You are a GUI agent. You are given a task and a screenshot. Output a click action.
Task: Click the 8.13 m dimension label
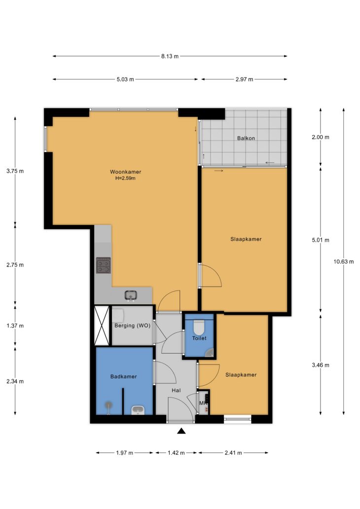click(x=170, y=56)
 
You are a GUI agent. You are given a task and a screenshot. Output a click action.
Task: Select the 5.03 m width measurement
click(x=125, y=79)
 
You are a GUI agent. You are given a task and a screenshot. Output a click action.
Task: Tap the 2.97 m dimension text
click(x=245, y=79)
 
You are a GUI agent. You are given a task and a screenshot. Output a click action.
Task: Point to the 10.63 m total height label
click(x=343, y=261)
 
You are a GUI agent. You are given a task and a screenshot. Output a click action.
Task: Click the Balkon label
click(x=246, y=138)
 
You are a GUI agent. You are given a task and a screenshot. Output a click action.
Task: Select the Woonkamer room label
click(x=126, y=172)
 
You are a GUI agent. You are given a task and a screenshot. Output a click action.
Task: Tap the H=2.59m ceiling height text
click(x=125, y=178)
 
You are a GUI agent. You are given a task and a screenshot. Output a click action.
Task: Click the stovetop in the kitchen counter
click(x=103, y=265)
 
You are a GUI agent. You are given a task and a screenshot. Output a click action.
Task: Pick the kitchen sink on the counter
click(x=131, y=295)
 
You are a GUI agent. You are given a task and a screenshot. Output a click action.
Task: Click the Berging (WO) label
click(x=133, y=326)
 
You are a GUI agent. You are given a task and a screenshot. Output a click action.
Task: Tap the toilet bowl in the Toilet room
click(x=199, y=327)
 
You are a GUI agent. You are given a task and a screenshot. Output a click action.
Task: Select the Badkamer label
click(x=123, y=376)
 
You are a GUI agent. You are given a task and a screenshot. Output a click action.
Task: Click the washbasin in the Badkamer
click(x=138, y=410)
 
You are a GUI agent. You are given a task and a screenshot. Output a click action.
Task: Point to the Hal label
click(x=176, y=391)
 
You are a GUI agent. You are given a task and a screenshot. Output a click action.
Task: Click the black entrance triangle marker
click(x=181, y=431)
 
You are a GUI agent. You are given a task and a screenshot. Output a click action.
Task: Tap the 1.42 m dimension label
click(x=176, y=453)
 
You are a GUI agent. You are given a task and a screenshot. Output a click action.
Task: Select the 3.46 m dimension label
click(x=321, y=365)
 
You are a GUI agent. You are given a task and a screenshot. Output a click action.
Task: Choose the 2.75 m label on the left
click(x=15, y=265)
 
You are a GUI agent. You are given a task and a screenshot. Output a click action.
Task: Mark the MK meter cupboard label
click(x=203, y=403)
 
